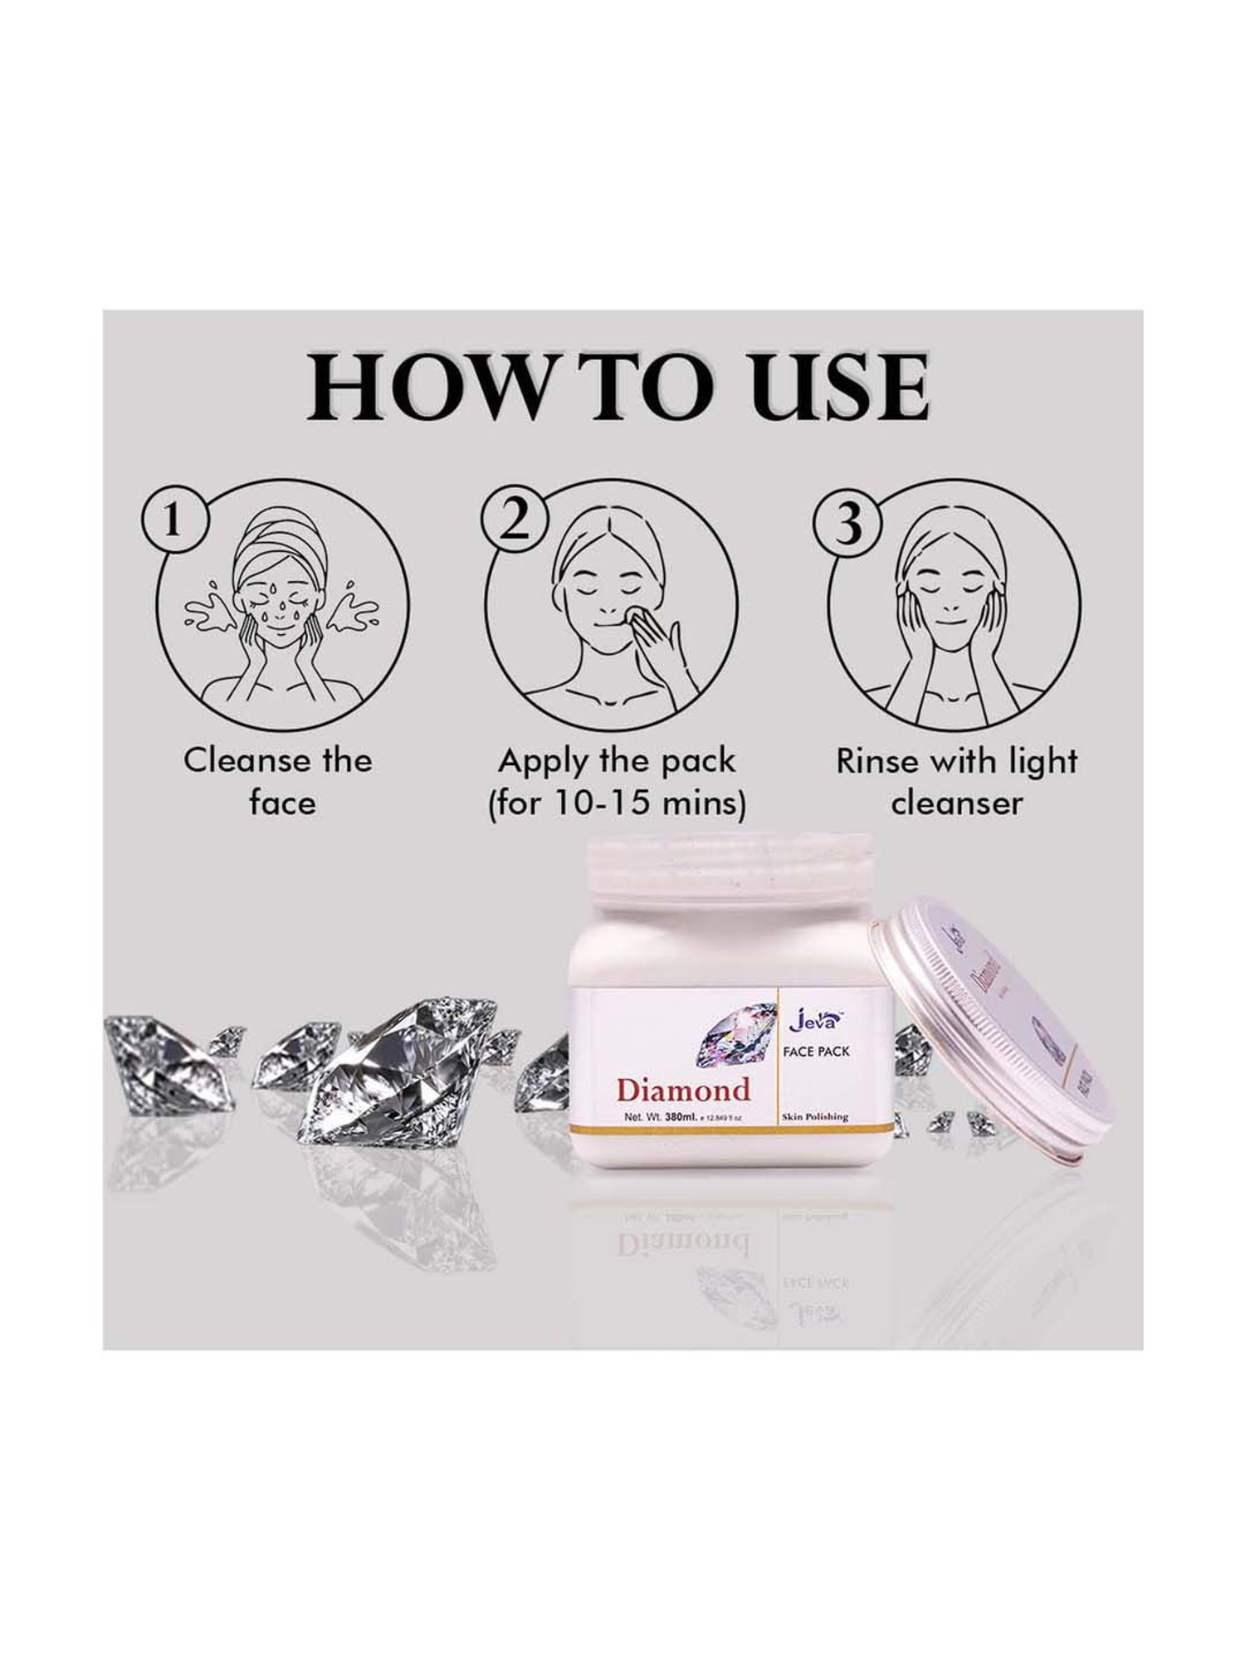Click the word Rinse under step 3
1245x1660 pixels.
coord(876,761)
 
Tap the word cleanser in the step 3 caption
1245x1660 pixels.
coord(955,803)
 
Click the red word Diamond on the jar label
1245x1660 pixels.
coord(683,1090)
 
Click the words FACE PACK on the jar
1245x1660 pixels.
coord(817,1052)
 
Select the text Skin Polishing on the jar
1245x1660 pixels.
coord(815,1117)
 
